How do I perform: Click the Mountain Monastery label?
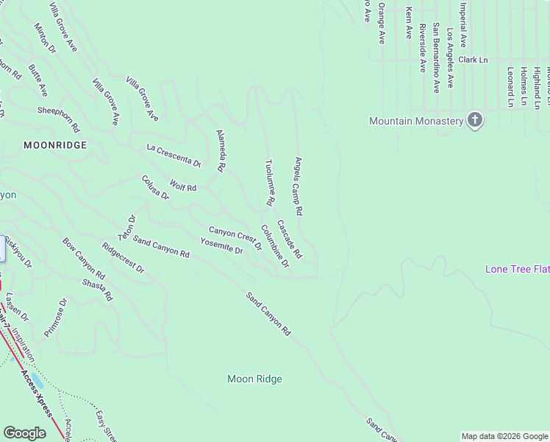pyautogui.click(x=416, y=121)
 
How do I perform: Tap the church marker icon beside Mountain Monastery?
pyautogui.click(x=475, y=120)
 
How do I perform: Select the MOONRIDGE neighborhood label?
pyautogui.click(x=55, y=145)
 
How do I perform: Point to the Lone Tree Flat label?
pyautogui.click(x=517, y=270)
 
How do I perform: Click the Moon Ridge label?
pyautogui.click(x=254, y=379)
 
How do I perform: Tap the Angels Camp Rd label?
pyautogui.click(x=299, y=185)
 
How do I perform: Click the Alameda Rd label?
pyautogui.click(x=220, y=151)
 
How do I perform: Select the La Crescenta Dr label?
pyautogui.click(x=174, y=155)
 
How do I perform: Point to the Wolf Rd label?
pyautogui.click(x=183, y=187)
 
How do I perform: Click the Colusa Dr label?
pyautogui.click(x=155, y=187)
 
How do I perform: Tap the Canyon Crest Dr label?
pyautogui.click(x=235, y=238)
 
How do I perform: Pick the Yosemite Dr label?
pyautogui.click(x=221, y=246)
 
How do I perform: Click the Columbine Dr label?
pyautogui.click(x=274, y=246)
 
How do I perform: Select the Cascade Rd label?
pyautogui.click(x=290, y=239)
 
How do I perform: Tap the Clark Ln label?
pyautogui.click(x=473, y=60)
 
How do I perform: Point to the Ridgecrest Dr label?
pyautogui.click(x=123, y=258)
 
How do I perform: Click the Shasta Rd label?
pyautogui.click(x=97, y=290)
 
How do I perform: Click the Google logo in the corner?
pyautogui.click(x=24, y=433)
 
